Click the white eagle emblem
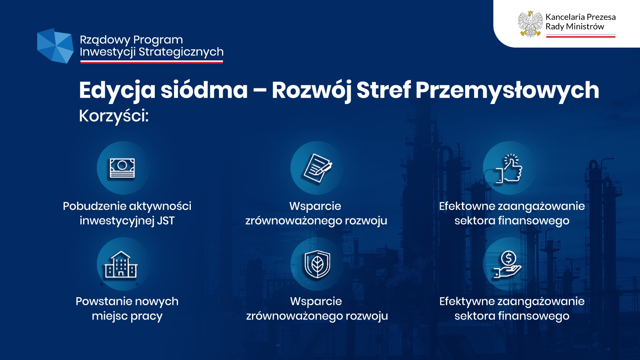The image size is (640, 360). click(530, 24)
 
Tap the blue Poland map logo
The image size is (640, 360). click(55, 46)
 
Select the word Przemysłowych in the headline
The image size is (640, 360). click(507, 90)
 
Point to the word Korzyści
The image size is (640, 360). click(114, 116)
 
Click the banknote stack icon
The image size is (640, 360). click(122, 168)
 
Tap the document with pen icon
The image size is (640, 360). click(318, 168)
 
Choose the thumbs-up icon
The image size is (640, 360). click(508, 168)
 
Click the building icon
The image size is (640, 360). click(121, 264)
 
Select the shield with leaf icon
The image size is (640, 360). click(317, 264)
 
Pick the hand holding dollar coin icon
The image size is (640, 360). click(508, 264)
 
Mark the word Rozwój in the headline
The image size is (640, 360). click(312, 90)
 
